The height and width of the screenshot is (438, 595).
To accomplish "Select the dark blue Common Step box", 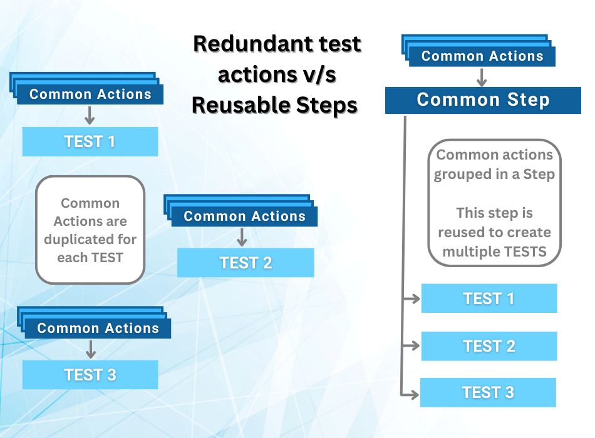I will point(483,100).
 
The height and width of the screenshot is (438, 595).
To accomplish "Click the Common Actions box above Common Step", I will point(482,56).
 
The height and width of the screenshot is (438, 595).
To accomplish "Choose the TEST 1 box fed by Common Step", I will point(489,298).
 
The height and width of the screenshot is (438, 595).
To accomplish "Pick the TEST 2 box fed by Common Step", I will point(489,346).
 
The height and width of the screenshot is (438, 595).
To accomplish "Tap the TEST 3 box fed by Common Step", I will point(488,392).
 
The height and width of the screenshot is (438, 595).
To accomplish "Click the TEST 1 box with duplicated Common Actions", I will point(90,141).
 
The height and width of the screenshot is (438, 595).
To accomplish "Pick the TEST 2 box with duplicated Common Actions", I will point(246,263).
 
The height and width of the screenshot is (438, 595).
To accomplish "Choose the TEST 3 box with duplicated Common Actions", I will point(90,375).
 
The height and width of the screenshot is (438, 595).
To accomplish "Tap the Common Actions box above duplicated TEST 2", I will point(244,216).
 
